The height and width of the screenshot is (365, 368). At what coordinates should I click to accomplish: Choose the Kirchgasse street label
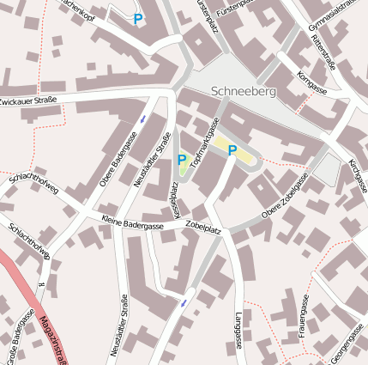358,174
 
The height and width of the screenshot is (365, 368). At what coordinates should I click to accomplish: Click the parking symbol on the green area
181,160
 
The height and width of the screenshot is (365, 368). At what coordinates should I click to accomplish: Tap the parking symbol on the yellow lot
232,150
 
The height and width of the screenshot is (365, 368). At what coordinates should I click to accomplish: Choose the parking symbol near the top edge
138,19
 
